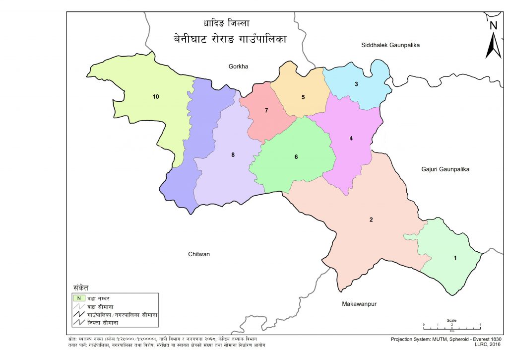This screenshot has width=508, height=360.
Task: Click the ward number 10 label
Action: pyautogui.click(x=156, y=97)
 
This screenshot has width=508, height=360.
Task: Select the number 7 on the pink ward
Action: pyautogui.click(x=266, y=110)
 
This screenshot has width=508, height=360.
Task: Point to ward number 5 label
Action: pyautogui.click(x=303, y=97)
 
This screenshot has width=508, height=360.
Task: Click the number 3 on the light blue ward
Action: pyautogui.click(x=356, y=84)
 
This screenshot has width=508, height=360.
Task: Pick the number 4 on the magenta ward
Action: pyautogui.click(x=351, y=139)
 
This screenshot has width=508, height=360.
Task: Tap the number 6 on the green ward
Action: pyautogui.click(x=296, y=157)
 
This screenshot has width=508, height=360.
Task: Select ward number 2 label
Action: pyautogui.click(x=371, y=219)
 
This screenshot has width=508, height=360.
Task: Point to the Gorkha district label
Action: pyautogui.click(x=238, y=66)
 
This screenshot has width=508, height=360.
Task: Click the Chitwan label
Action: pyautogui.click(x=199, y=254)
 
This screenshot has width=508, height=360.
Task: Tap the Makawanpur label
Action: pyautogui.click(x=359, y=303)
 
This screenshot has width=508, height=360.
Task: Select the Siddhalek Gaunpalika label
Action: pyautogui.click(x=390, y=45)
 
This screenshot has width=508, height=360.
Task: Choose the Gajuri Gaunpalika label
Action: pyautogui.click(x=445, y=169)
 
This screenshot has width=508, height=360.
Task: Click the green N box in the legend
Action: pyautogui.click(x=78, y=298)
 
